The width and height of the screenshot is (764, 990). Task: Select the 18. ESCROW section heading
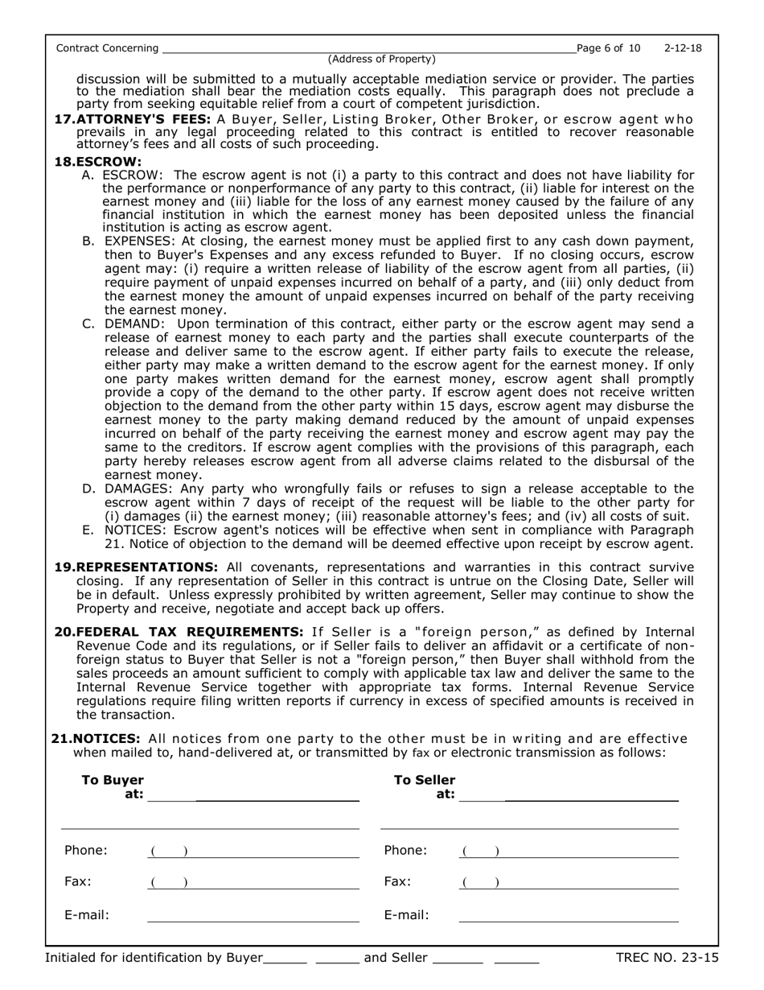pyautogui.click(x=86, y=161)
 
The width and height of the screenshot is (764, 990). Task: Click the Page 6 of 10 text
pyautogui.click(x=609, y=48)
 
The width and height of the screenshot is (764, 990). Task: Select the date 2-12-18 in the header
pyautogui.click(x=683, y=48)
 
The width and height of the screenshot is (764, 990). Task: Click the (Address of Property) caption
pyautogui.click(x=381, y=60)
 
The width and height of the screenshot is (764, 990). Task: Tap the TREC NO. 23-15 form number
pyautogui.click(x=667, y=958)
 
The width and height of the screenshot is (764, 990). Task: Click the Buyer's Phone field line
pyautogui.click(x=253, y=852)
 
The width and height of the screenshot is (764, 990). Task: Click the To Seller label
pyautogui.click(x=424, y=780)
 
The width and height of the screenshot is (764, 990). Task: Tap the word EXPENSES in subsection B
pyautogui.click(x=139, y=241)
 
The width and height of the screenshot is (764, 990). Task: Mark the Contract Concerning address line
pyautogui.click(x=368, y=49)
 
